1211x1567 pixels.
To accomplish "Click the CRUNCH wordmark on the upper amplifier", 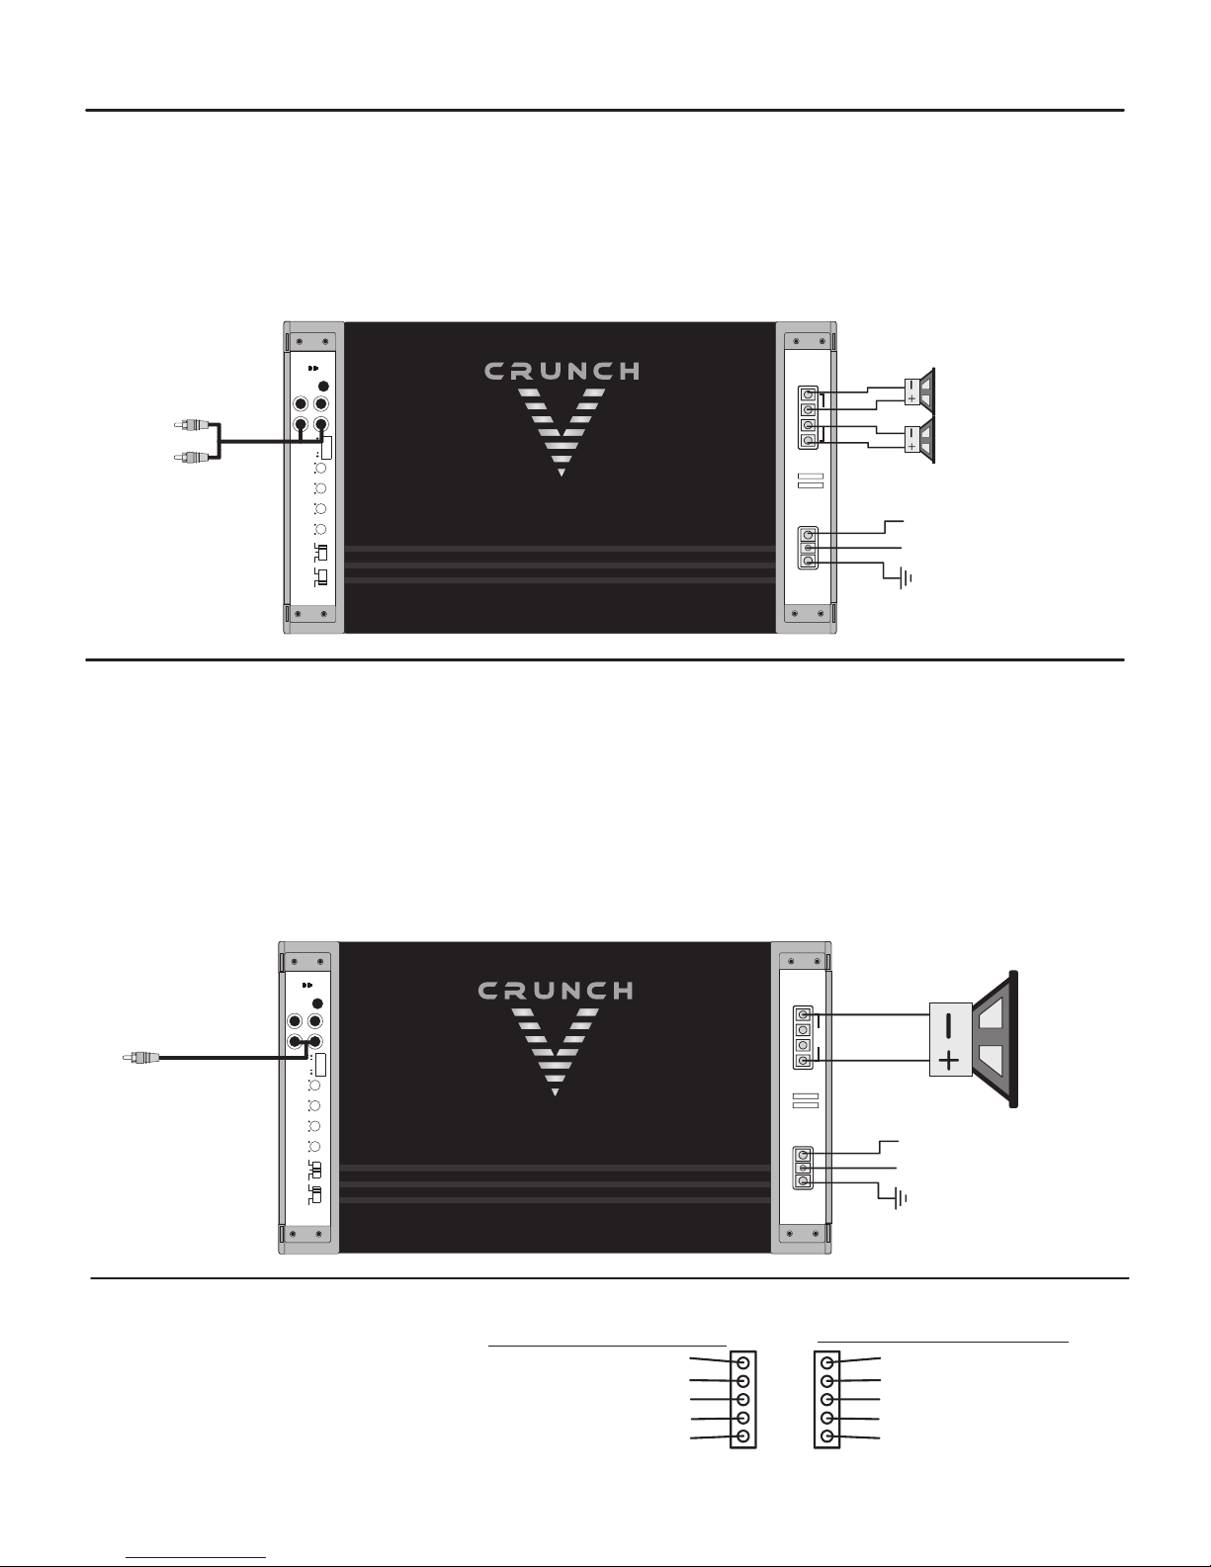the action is [x=562, y=372].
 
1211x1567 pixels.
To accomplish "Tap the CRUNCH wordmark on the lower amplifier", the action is [x=556, y=991].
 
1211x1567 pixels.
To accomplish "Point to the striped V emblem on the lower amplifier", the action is [x=555, y=1052].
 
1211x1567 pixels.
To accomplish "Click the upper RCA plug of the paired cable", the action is [x=192, y=425].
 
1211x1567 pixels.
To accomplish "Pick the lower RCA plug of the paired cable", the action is [x=192, y=457].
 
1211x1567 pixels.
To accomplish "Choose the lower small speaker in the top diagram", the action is [x=919, y=439].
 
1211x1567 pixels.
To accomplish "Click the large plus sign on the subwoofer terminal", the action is [x=950, y=1060].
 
